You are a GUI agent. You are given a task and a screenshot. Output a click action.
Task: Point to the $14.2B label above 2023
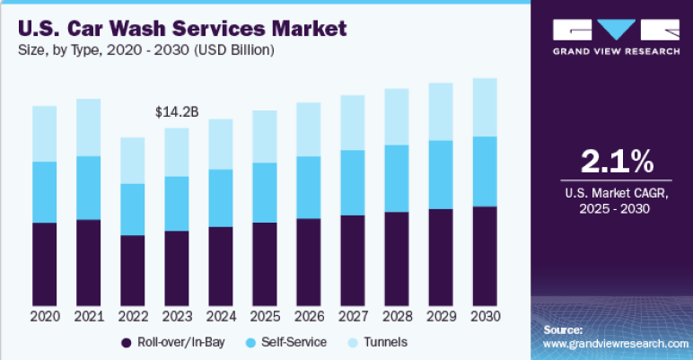coord(177,112)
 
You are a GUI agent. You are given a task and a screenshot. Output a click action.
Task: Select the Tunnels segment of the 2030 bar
coord(484,107)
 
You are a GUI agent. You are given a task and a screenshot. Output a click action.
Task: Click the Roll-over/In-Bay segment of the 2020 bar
coord(44,264)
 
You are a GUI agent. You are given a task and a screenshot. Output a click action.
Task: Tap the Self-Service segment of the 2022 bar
coord(132,209)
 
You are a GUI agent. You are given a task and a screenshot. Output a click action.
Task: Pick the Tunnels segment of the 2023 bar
coord(177,152)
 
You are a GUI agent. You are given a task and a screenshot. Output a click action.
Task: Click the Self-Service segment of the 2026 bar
coord(309,187)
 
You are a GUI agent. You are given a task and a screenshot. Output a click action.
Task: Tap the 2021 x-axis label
coord(88,316)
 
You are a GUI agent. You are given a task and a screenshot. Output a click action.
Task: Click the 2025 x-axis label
coord(265,316)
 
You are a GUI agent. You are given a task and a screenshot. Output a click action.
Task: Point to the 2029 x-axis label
coord(440,316)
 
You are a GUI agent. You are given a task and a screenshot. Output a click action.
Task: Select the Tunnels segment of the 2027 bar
coord(352,122)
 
